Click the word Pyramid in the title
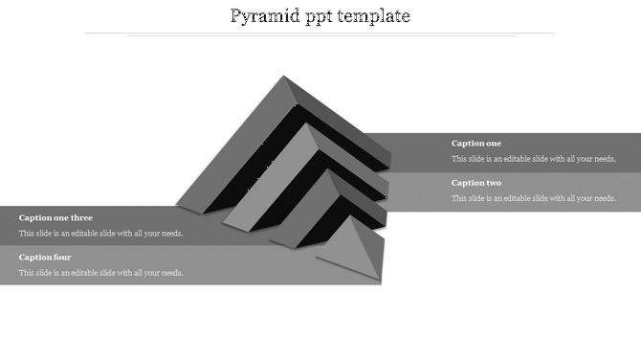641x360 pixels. coord(264,16)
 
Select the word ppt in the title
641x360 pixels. coord(320,17)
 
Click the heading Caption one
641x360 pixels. coord(476,144)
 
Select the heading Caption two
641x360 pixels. coord(476,183)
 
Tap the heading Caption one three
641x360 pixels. coord(55,218)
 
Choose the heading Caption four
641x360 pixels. coord(45,258)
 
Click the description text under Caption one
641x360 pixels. coord(533,159)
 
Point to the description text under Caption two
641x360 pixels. coord(533,198)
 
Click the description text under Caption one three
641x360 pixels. coord(100,234)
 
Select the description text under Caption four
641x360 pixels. coord(100,273)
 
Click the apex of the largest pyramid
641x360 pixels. coord(283,78)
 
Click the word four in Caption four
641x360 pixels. coord(62,258)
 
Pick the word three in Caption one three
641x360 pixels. coord(81,218)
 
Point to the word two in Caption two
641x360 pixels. coord(493,183)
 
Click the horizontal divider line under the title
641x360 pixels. coord(320,34)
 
